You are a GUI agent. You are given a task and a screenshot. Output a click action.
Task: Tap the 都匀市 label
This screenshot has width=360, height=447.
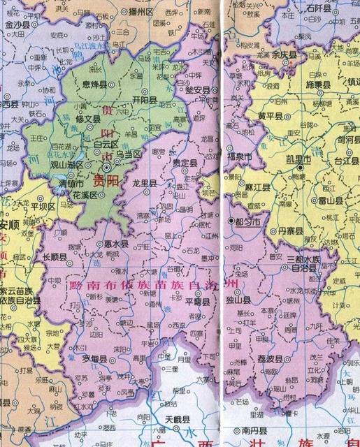(247, 221)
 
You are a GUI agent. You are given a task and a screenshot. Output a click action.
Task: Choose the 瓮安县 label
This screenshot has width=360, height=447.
(192, 90)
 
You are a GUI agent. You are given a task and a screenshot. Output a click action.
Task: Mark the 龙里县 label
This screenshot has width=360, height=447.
(143, 182)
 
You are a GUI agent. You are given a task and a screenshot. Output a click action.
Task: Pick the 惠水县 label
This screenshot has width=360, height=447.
(115, 245)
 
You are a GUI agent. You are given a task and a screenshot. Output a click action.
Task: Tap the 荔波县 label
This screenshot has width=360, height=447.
(269, 358)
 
